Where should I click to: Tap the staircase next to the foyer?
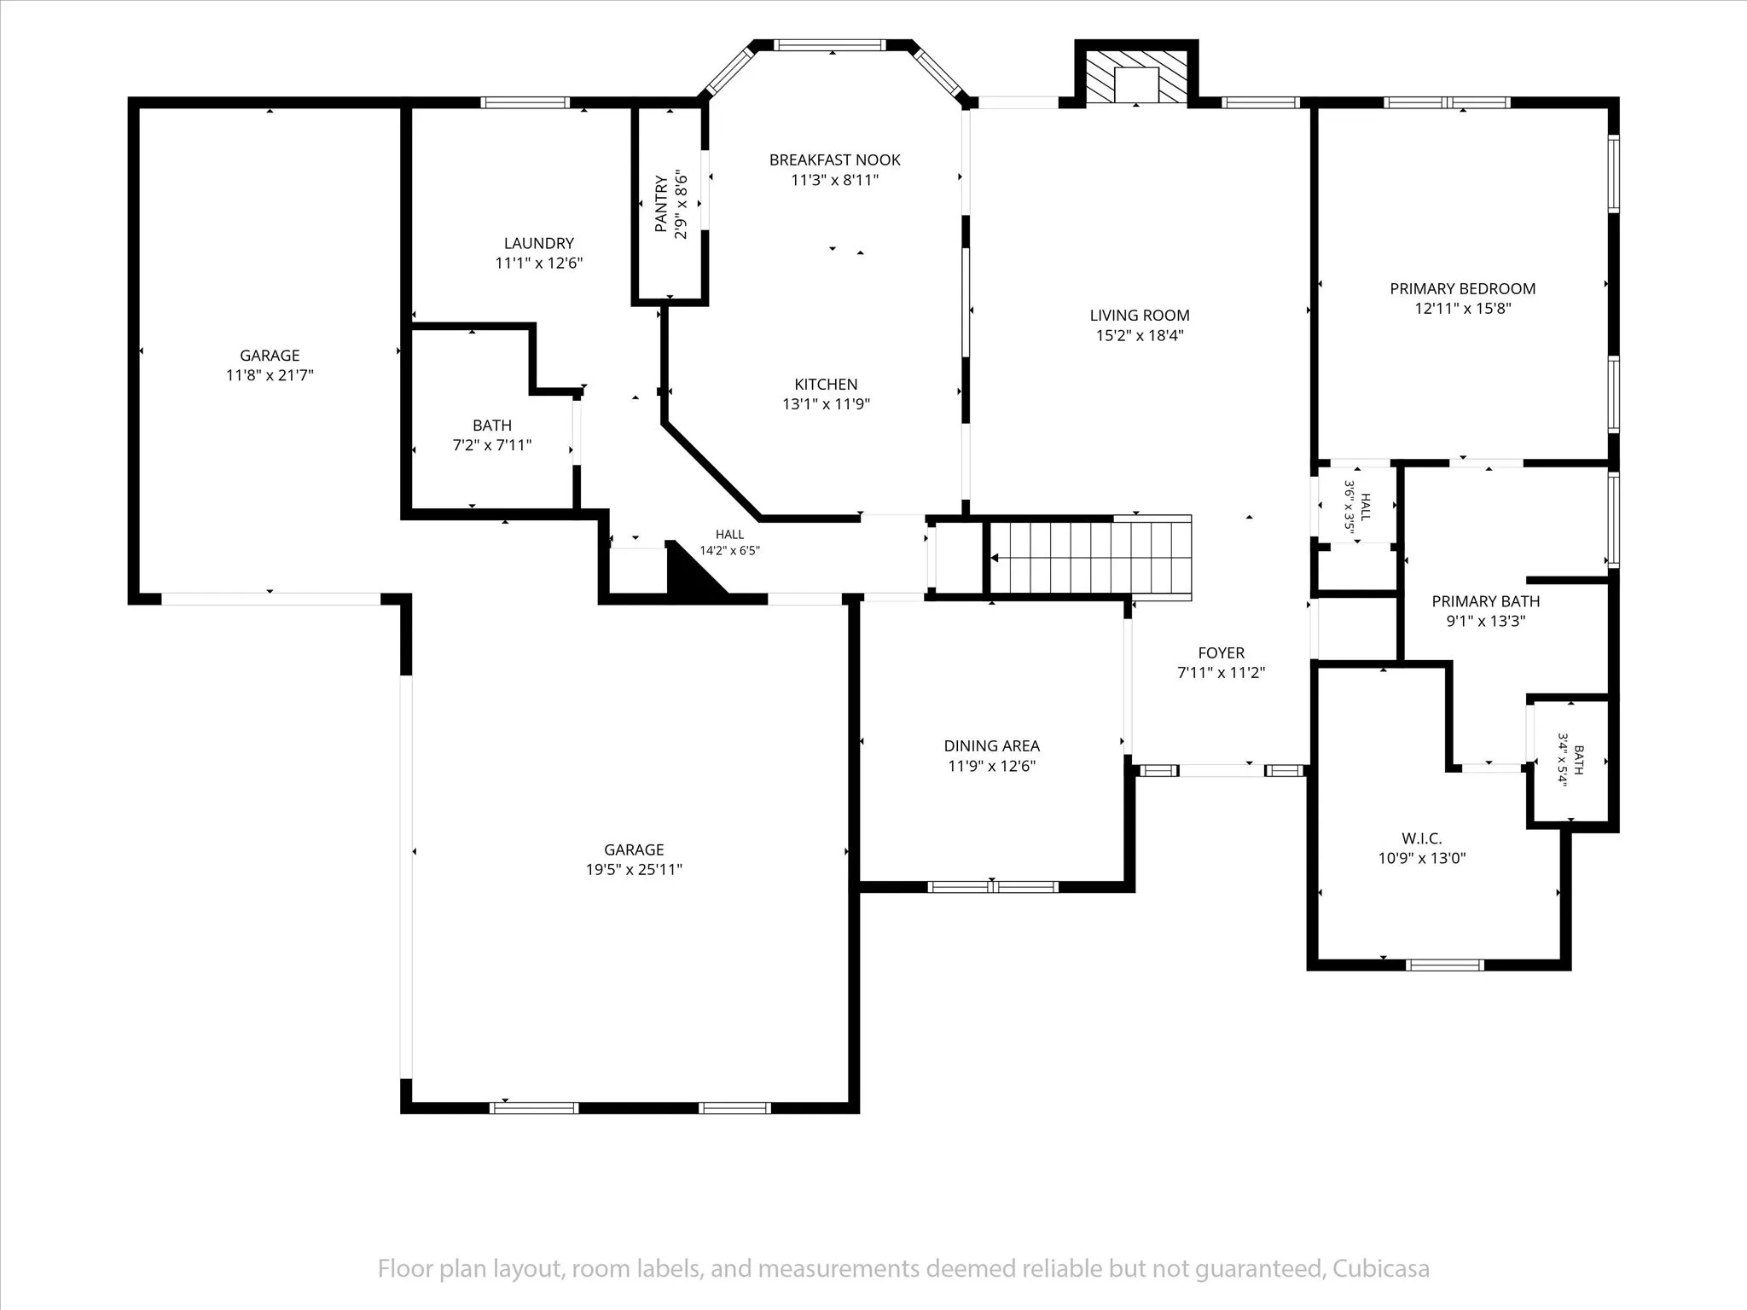pos(1090,557)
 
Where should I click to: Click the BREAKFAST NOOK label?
pos(834,159)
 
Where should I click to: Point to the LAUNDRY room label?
pos(538,243)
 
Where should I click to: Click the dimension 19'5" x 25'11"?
pos(634,870)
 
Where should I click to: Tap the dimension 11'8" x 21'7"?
pos(270,375)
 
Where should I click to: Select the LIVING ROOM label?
pos(1140,316)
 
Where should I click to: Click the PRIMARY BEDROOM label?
pos(1463,289)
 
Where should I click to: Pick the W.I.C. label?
pos(1421,839)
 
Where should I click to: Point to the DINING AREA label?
pos(991,746)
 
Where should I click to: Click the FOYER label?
pos(1222,653)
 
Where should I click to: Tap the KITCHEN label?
pos(826,385)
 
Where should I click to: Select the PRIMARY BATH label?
pos(1485,601)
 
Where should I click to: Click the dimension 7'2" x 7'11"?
pos(492,445)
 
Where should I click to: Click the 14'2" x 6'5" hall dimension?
pos(729,551)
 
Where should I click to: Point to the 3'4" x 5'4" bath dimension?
pos(1564,760)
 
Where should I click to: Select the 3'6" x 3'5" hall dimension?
pos(1349,507)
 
